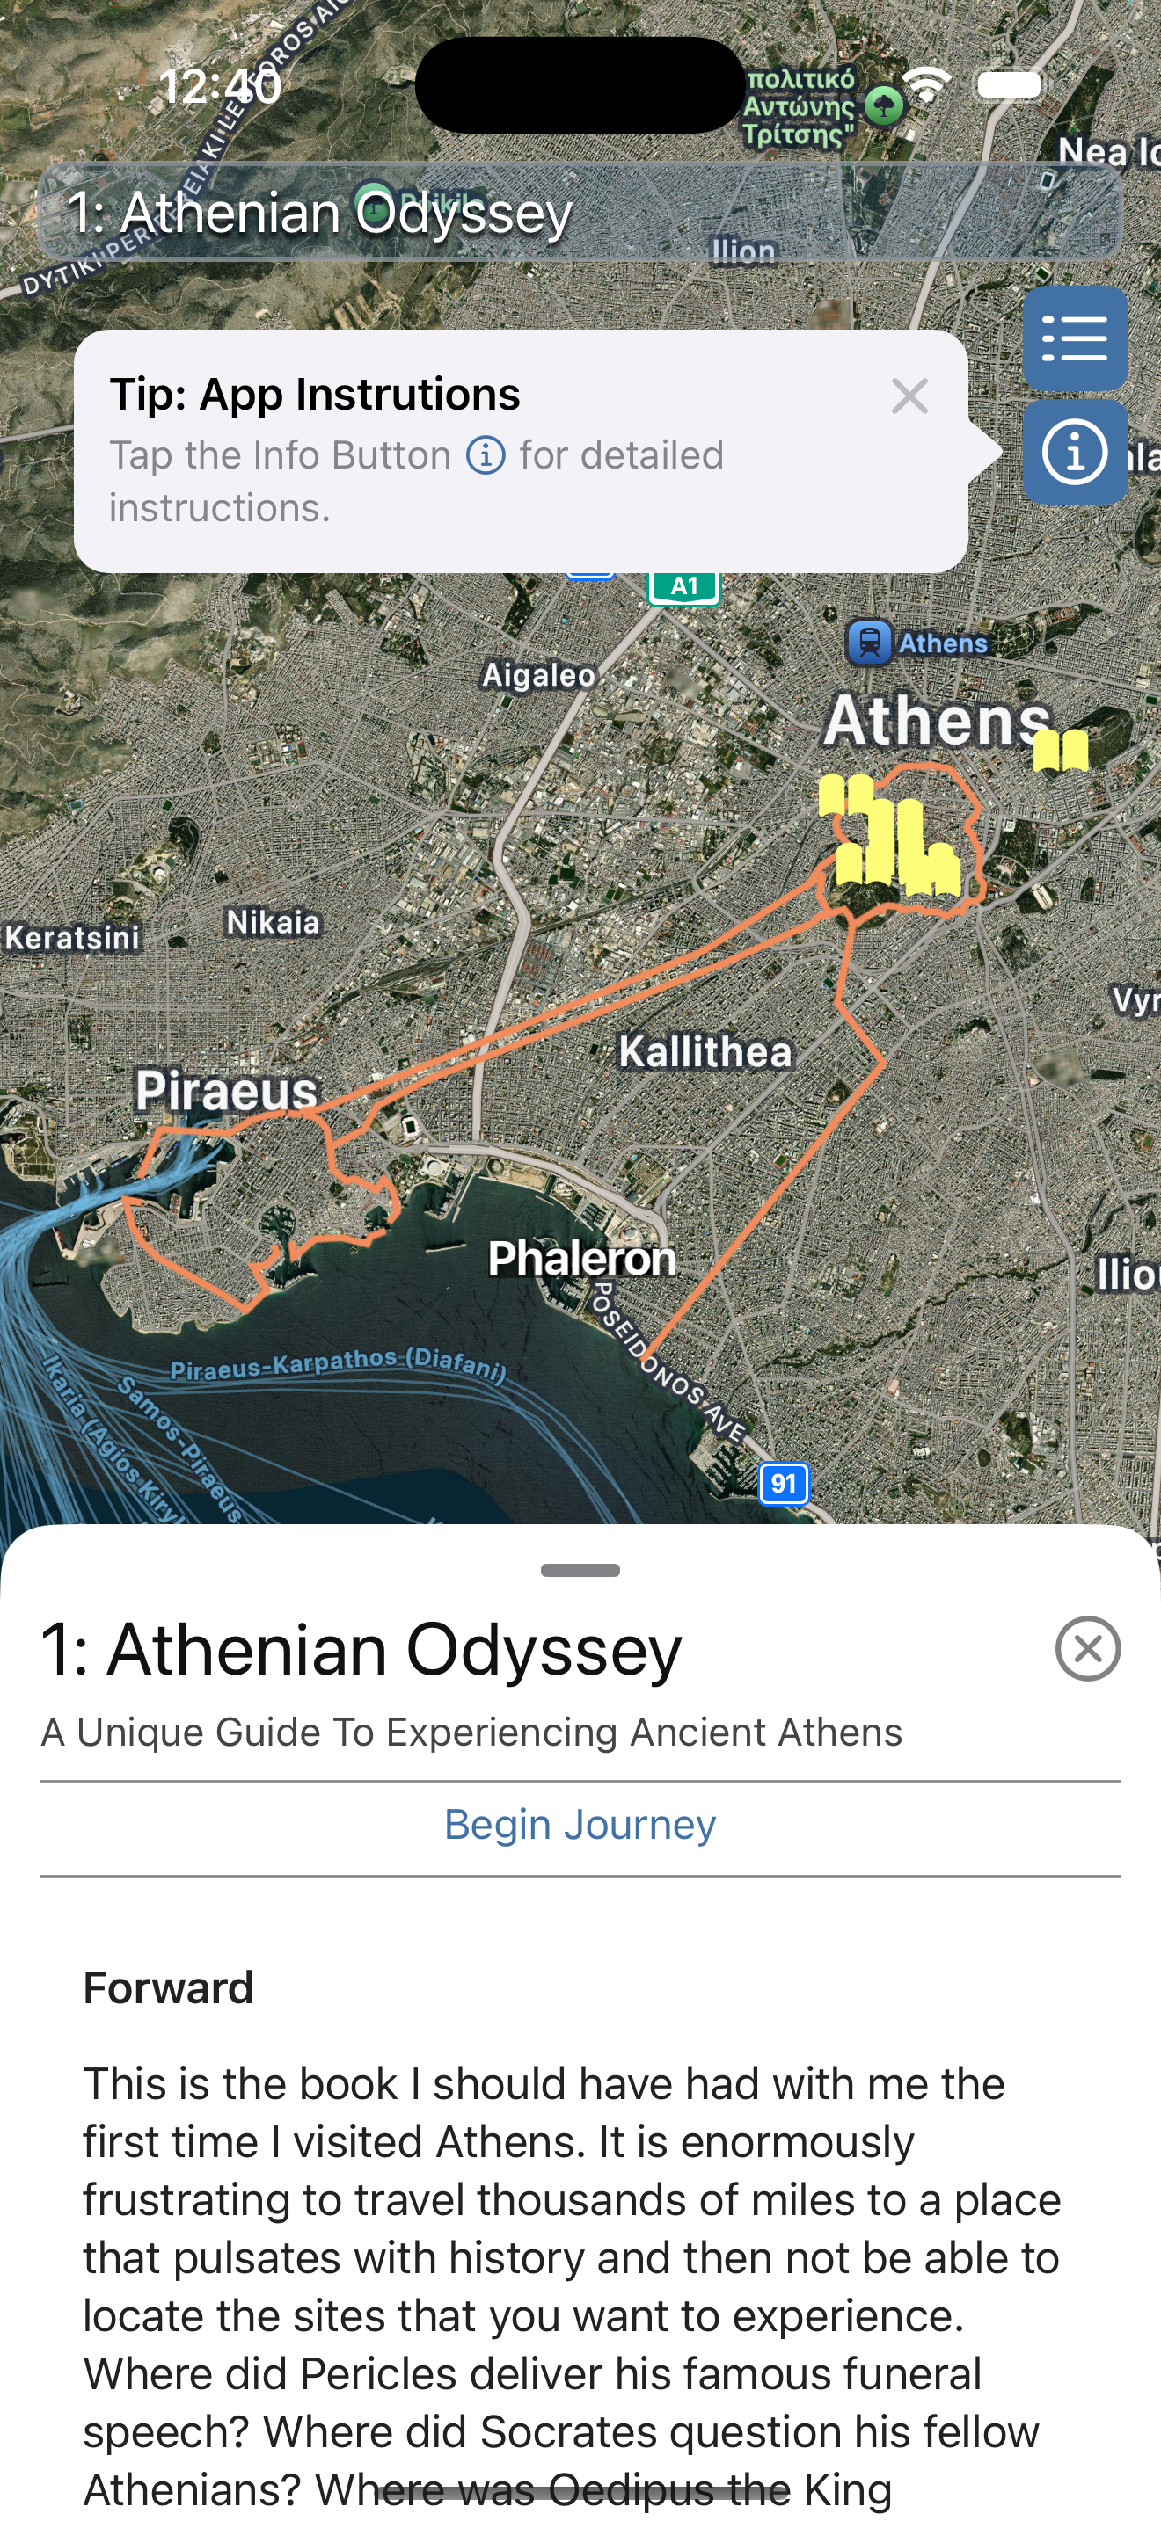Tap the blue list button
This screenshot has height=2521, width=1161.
1074,338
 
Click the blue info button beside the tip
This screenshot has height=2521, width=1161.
1074,452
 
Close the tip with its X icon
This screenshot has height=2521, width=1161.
909,396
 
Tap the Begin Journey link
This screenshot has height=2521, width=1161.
580,1825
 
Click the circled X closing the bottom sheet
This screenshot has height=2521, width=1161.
1088,1649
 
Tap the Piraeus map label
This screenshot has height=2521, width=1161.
226,1090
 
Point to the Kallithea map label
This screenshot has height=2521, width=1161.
705,1052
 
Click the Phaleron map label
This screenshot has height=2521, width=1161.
581,1259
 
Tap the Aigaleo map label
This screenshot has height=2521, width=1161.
538,675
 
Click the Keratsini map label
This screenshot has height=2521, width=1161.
71,938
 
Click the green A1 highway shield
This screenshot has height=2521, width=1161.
684,586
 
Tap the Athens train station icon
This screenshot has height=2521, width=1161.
868,643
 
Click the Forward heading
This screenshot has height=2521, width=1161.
168,1987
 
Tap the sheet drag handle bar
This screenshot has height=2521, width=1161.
580,1571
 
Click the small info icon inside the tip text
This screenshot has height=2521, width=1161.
486,455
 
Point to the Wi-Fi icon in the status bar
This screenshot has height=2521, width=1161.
925,86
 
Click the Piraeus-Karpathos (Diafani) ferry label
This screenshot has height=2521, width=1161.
339,1364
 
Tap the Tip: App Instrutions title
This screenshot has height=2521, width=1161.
314,395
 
